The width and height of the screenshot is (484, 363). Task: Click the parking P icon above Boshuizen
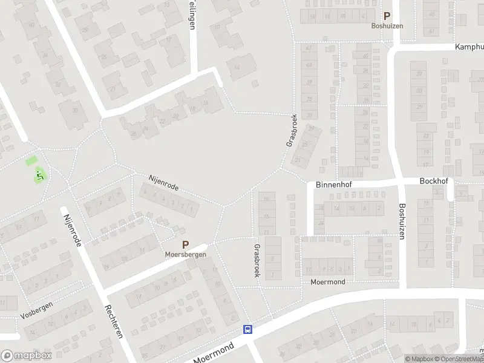coord(387,17)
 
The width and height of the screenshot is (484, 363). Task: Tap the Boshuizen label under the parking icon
coord(387,26)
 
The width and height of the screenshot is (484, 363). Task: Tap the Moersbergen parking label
coord(186,254)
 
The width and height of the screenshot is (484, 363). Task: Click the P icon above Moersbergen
coord(186,245)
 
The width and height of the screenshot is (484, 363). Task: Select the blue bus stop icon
coord(247,329)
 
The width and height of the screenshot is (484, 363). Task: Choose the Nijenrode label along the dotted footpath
coord(163,182)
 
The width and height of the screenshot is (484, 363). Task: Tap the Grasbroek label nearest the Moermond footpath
coord(257,261)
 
